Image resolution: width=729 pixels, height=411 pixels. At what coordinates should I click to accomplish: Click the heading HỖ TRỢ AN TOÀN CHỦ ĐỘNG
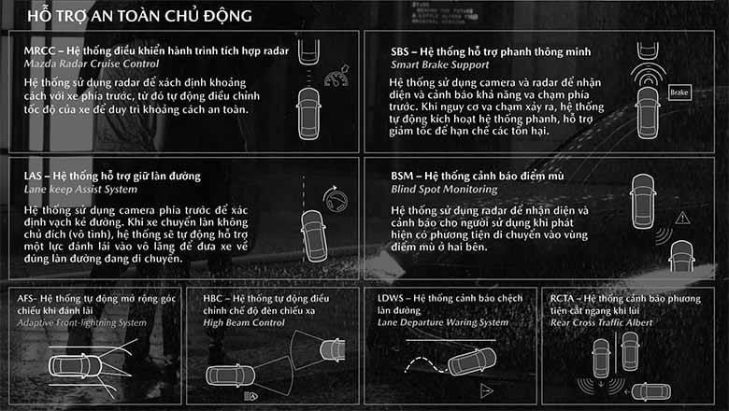point(139,16)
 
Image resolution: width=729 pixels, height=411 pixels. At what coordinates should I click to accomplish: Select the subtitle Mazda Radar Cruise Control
point(92,64)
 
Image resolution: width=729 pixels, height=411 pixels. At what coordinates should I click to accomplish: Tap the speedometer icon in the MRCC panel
point(337,76)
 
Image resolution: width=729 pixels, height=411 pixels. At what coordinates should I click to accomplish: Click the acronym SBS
point(400,51)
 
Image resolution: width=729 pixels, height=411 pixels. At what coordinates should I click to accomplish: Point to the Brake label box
point(679,92)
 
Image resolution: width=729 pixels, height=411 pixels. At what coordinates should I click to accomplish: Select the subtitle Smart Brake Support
point(440,65)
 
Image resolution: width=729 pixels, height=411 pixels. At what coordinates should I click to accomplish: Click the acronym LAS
point(34,176)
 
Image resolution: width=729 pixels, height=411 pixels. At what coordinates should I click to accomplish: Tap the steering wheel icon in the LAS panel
point(336,200)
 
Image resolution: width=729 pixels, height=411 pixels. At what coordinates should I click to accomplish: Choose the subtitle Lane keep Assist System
point(81,190)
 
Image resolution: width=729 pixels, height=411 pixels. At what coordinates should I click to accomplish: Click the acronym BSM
point(402,176)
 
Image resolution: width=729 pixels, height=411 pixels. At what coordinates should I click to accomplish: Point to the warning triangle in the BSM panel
point(682,218)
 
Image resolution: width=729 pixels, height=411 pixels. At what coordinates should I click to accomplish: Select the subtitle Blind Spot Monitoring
point(444,190)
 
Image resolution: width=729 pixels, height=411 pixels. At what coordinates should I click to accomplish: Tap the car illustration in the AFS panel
point(76,366)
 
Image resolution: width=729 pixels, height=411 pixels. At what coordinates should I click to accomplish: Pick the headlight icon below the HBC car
point(250,396)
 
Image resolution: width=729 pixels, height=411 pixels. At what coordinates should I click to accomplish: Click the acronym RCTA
point(562,298)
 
